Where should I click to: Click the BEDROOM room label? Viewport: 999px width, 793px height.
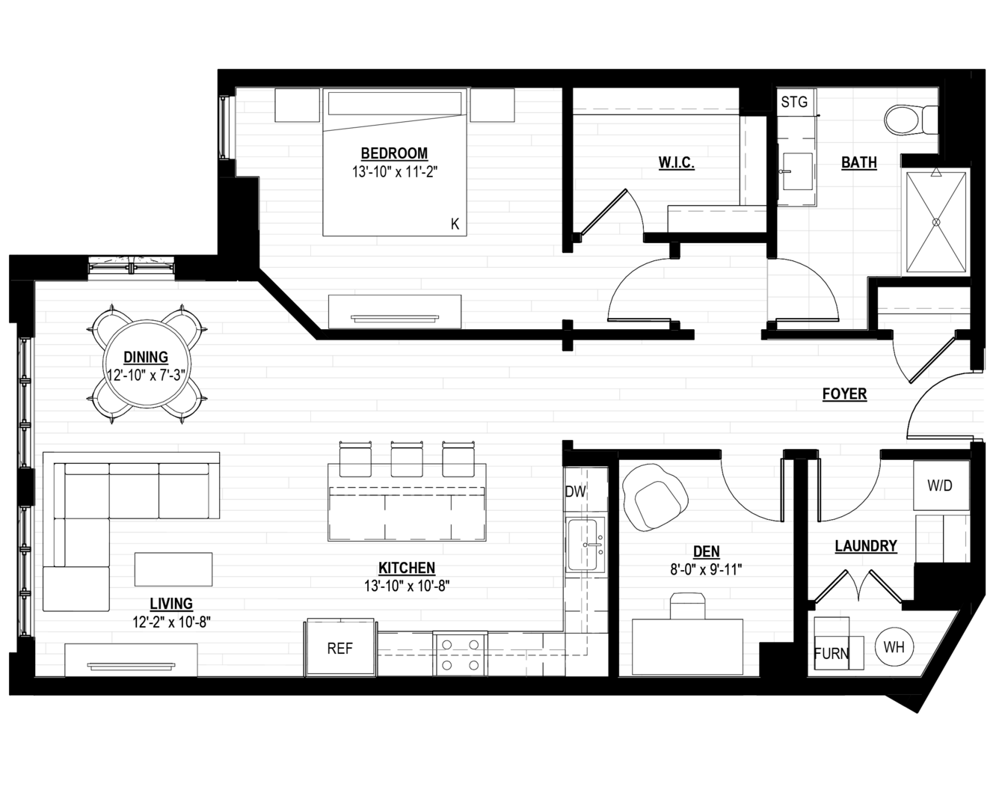pos(394,154)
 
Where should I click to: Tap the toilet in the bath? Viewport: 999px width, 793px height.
pos(911,120)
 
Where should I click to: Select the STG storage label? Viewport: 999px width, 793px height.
pos(794,102)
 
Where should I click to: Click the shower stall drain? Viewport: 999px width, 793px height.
pos(936,222)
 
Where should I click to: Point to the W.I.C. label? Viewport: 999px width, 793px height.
pos(677,163)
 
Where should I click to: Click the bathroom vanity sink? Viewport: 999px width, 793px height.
pos(798,171)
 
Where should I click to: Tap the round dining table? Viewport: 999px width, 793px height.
pos(147,364)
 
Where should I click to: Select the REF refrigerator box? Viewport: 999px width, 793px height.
pos(339,648)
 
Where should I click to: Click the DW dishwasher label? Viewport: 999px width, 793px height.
pos(576,492)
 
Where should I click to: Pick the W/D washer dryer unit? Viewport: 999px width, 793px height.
pos(941,486)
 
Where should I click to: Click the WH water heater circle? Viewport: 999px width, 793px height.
pos(894,647)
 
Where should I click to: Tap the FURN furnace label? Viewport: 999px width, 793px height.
pos(832,654)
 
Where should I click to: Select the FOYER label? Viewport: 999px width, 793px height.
pos(845,394)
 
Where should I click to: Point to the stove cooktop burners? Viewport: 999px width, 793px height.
pos(460,655)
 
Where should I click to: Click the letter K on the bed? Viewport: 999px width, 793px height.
pos(455,224)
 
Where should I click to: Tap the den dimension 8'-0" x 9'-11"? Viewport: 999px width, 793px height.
pos(706,570)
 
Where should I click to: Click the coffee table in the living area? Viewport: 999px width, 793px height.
pos(173,569)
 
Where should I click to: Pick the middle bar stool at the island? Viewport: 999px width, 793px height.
pos(407,459)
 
